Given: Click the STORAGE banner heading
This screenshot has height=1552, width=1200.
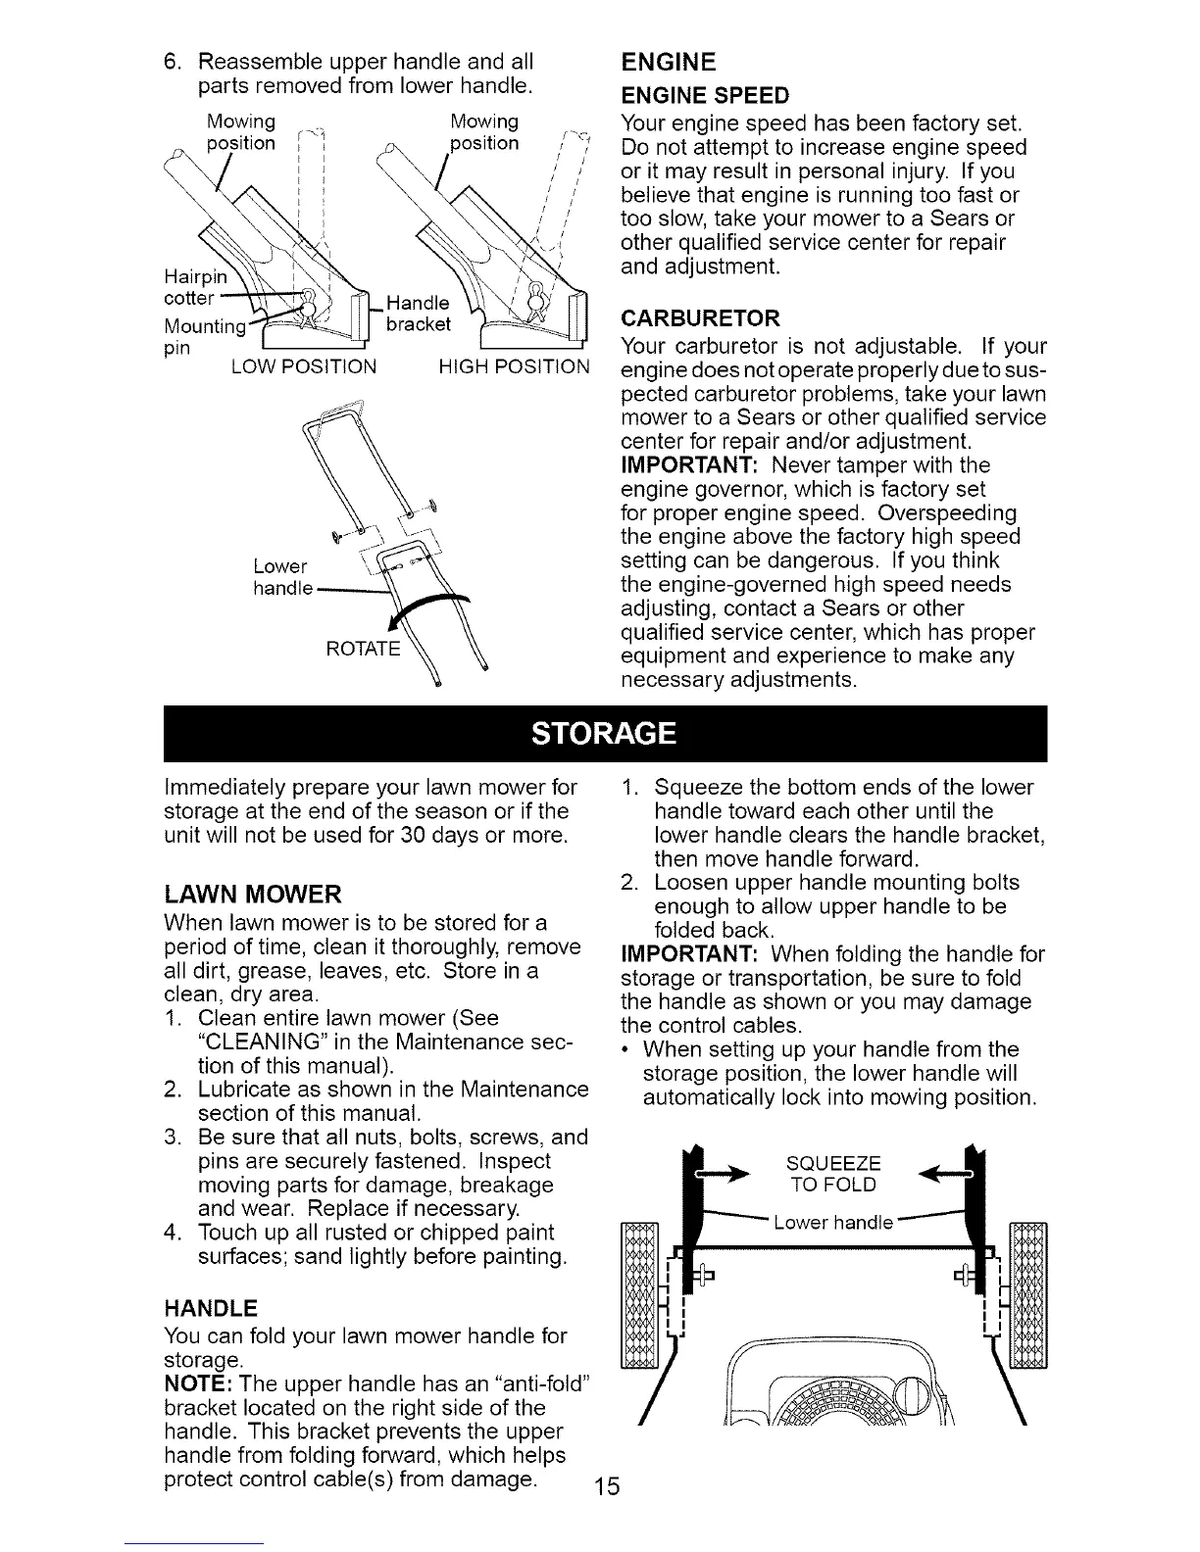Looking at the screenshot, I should pos(604,734).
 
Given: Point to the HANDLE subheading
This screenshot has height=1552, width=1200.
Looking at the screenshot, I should pos(211,1308).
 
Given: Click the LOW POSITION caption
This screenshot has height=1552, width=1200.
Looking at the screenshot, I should pos(304,368).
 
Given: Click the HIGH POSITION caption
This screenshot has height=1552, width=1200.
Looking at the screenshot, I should pos(515,368).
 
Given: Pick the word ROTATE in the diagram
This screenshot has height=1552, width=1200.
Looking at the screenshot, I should pos(362,648).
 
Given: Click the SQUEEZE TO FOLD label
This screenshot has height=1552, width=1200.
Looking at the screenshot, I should pos(833,1174).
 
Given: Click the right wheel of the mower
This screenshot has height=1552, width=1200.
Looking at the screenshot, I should pos(1028,1293).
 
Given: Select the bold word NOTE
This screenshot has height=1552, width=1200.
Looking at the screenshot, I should pos(196,1385).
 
